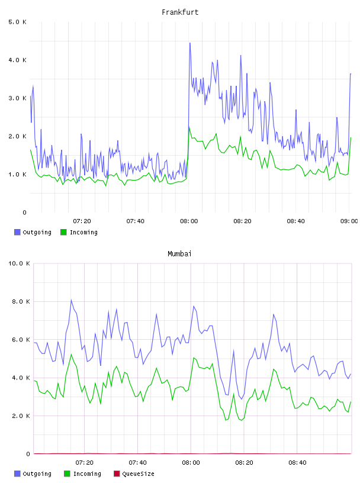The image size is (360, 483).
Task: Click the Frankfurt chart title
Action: (x=180, y=12)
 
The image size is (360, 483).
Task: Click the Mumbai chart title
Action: (x=179, y=254)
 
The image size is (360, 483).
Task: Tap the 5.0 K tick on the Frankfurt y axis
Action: (x=18, y=22)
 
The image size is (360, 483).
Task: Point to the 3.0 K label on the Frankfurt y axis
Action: (x=18, y=98)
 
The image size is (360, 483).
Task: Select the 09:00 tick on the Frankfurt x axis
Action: (x=349, y=221)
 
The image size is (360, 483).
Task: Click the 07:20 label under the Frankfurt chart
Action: (x=82, y=221)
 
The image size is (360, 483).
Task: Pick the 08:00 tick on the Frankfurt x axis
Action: (x=189, y=221)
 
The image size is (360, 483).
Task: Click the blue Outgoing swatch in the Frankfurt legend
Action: (x=17, y=232)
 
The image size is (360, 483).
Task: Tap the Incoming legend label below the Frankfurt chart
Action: (x=83, y=233)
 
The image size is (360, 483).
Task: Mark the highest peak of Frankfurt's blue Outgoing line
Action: (x=190, y=43)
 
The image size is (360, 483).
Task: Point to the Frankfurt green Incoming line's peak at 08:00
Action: (x=189, y=127)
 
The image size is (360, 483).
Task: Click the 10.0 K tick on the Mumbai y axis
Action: (x=19, y=263)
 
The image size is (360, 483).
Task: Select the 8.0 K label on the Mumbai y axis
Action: (x=21, y=301)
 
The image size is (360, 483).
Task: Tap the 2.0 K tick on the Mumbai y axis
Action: (x=21, y=416)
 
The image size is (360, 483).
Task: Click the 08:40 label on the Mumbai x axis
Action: (x=297, y=463)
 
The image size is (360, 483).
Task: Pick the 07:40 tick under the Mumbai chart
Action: (x=137, y=463)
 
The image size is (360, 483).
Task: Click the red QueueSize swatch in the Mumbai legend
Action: (x=117, y=474)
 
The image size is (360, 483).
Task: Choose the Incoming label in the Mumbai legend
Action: (x=87, y=474)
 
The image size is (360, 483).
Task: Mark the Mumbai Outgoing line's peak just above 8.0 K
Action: (x=71, y=300)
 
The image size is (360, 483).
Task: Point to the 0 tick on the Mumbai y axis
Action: (x=28, y=454)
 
